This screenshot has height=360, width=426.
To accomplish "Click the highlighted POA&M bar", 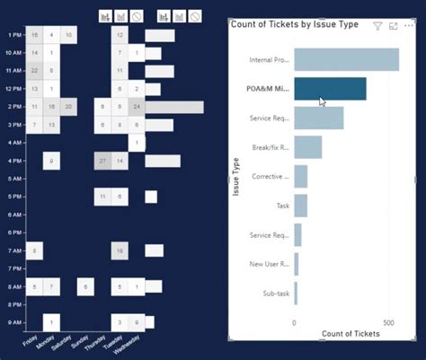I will pos(329,88).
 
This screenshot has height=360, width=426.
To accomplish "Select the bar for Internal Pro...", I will pos(346,60).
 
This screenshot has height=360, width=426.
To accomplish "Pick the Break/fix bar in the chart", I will pos(307,147).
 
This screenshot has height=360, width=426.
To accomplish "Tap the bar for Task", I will pos(300,206).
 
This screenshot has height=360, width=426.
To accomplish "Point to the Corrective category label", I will pos(270,176).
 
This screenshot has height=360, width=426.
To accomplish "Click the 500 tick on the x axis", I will pos(388,322).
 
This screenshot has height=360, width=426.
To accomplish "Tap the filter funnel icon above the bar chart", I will pos(378,26).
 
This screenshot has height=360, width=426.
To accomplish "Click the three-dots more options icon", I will pos(410,26).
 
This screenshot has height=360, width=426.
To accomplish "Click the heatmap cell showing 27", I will pos(102,161).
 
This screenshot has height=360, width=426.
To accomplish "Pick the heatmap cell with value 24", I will pos(136,107).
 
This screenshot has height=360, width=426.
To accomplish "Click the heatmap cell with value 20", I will pos(69,107).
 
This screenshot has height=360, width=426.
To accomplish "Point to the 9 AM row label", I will pos(13,321).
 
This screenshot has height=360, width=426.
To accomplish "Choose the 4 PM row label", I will pos(13,161).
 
